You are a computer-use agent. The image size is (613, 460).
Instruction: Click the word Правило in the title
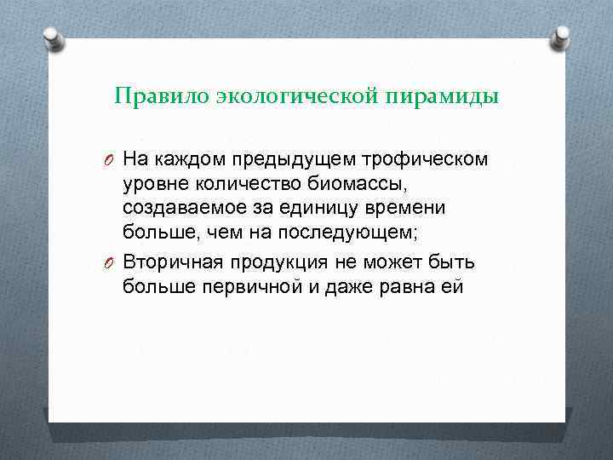(149, 96)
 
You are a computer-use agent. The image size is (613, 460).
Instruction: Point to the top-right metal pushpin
(559, 37)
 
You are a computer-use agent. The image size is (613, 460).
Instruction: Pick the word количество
(236, 184)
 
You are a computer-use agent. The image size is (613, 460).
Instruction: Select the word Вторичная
(171, 261)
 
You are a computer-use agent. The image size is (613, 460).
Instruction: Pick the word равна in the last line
(407, 286)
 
